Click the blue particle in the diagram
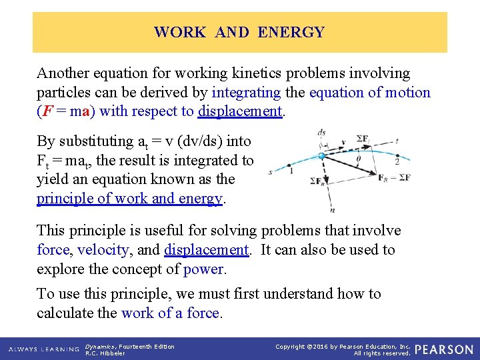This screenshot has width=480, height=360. pyautogui.click(x=321, y=155)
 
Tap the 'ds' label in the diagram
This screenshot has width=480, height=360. pyautogui.click(x=323, y=133)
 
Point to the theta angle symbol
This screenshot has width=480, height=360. pyautogui.click(x=359, y=159)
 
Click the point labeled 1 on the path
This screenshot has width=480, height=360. pyautogui.click(x=290, y=171)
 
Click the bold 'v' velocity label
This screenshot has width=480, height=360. pyautogui.click(x=343, y=141)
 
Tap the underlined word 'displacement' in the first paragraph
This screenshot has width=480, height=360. pyautogui.click(x=240, y=111)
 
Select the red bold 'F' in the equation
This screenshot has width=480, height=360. pyautogui.click(x=45, y=111)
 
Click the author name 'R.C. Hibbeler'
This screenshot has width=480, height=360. pyautogui.click(x=105, y=353)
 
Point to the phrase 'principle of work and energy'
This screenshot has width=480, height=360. pyautogui.click(x=130, y=199)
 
